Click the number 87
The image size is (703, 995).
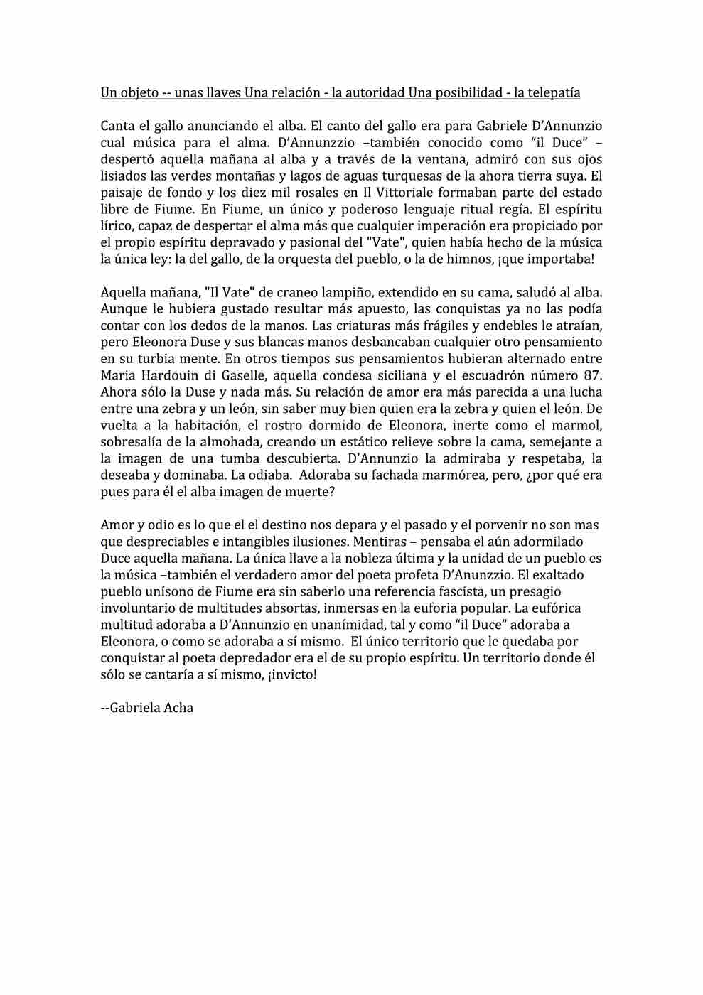click(x=591, y=375)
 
